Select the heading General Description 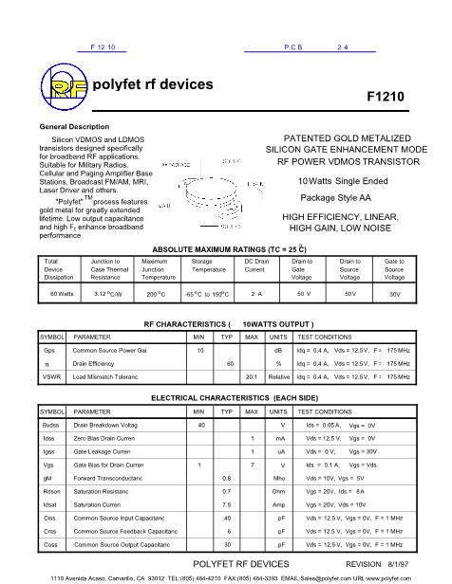pos(74,126)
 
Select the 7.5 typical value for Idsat pos(227,505)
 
